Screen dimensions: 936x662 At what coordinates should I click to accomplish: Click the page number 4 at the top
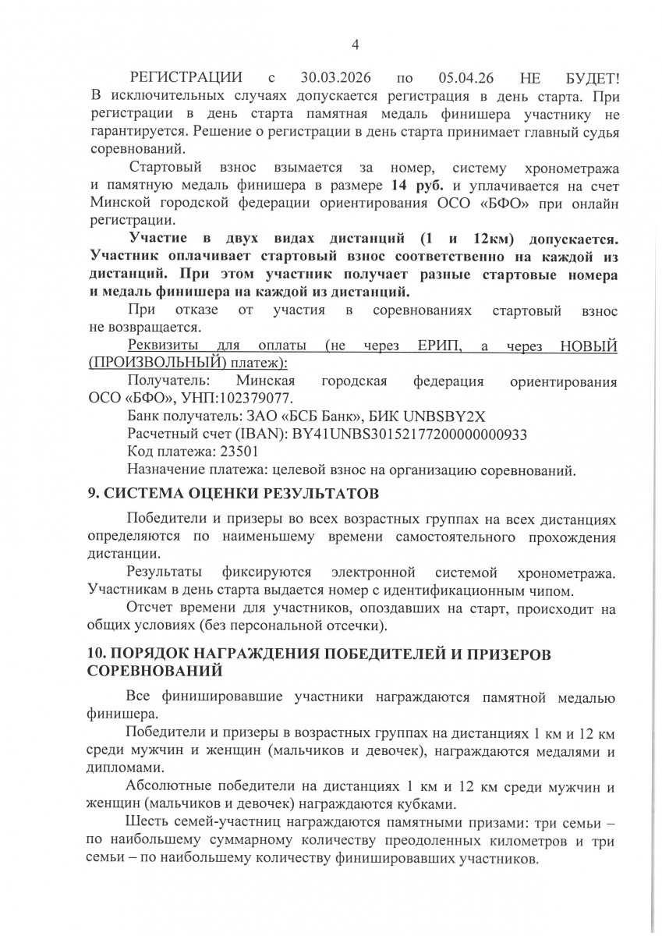[x=355, y=44]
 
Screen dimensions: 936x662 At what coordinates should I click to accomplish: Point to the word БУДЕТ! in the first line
[x=590, y=79]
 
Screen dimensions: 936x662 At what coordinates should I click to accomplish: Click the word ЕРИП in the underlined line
[x=430, y=346]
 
